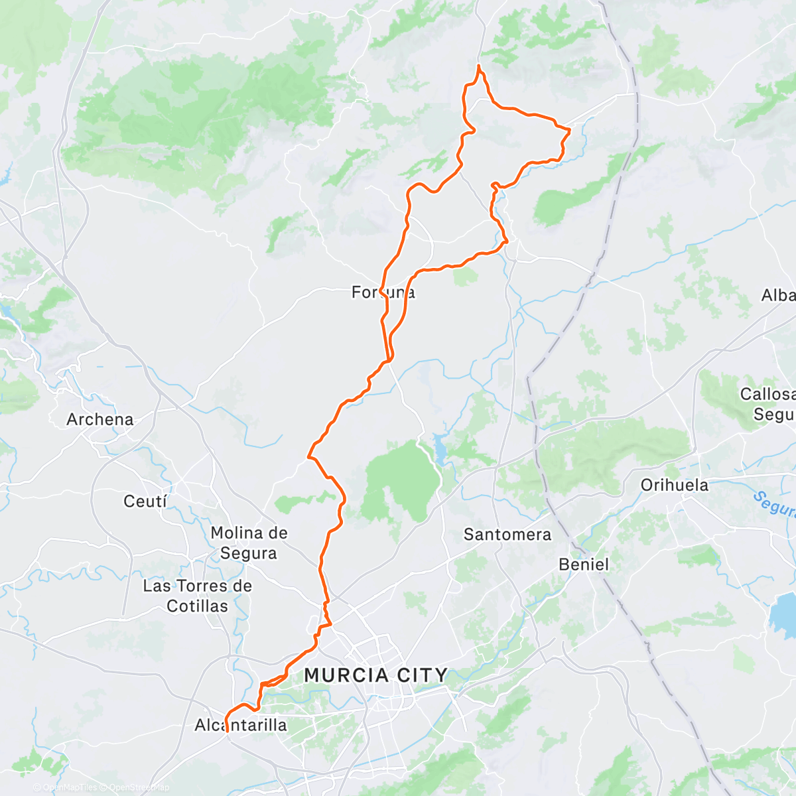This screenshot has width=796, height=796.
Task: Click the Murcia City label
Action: pos(375,675)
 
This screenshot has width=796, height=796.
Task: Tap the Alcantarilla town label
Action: pos(241,725)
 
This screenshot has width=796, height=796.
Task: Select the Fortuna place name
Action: pos(383,292)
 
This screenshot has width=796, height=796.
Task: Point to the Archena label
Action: pos(100,419)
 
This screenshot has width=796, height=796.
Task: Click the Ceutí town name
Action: pos(145,501)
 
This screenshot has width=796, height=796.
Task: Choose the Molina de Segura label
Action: pos(249,543)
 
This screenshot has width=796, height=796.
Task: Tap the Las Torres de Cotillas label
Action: pos(198,596)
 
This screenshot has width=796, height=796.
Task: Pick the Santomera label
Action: pos(507,534)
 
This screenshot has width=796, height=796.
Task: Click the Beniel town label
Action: pos(584,564)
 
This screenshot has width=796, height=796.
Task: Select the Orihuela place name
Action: pos(675,485)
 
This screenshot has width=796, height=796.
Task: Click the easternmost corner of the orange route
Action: pos(570,130)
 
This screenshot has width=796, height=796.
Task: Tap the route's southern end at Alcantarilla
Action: pos(228,731)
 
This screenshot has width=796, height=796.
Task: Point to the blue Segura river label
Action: pos(774,505)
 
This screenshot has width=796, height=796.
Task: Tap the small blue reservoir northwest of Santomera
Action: pos(440,449)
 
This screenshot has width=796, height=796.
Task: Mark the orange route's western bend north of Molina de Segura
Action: pos(308,456)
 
